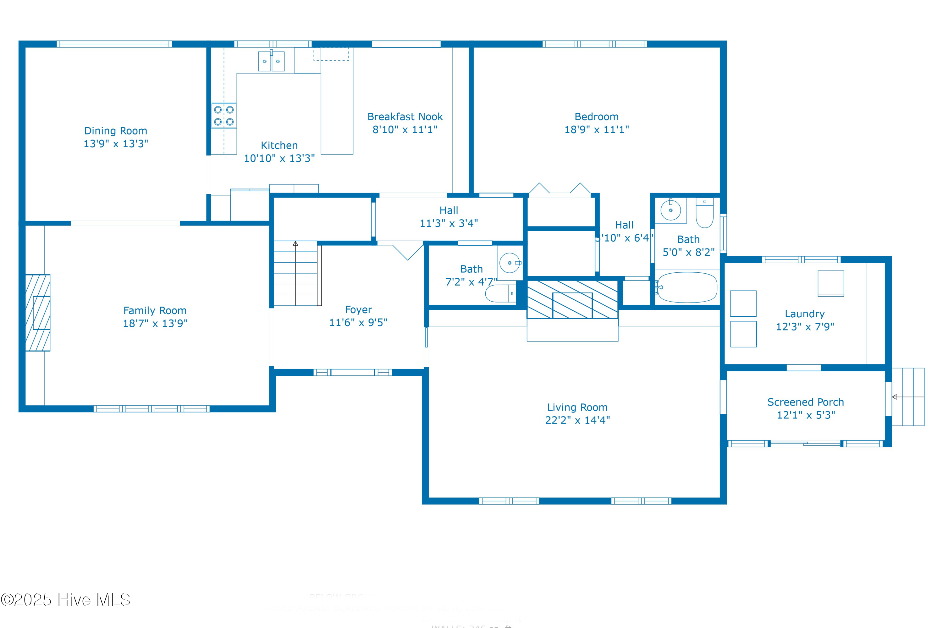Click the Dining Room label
click(x=115, y=131)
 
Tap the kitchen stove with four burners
click(x=223, y=116)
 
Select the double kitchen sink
click(x=271, y=61)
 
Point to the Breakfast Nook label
click(x=405, y=117)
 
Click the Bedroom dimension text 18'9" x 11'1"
click(x=596, y=130)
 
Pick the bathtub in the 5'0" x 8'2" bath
click(x=687, y=287)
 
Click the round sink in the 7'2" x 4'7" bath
click(x=509, y=263)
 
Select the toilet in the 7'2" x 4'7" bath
click(x=500, y=293)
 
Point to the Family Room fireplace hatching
click(x=38, y=312)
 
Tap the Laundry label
click(x=804, y=314)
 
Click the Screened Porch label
click(x=805, y=402)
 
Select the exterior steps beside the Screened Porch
click(x=908, y=397)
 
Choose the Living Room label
click(x=577, y=407)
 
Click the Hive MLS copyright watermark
click(x=65, y=599)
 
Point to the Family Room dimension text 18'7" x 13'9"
click(x=155, y=324)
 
